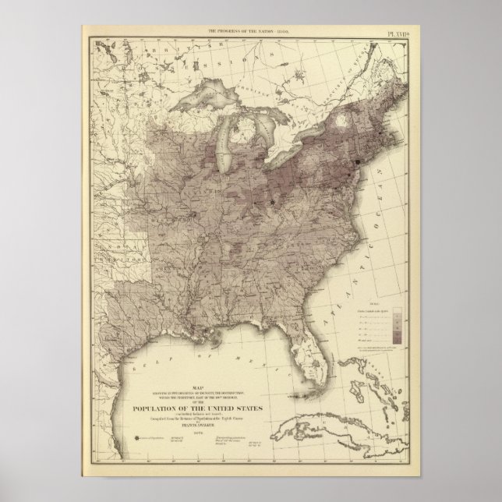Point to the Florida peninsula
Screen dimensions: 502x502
tap(316, 343)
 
